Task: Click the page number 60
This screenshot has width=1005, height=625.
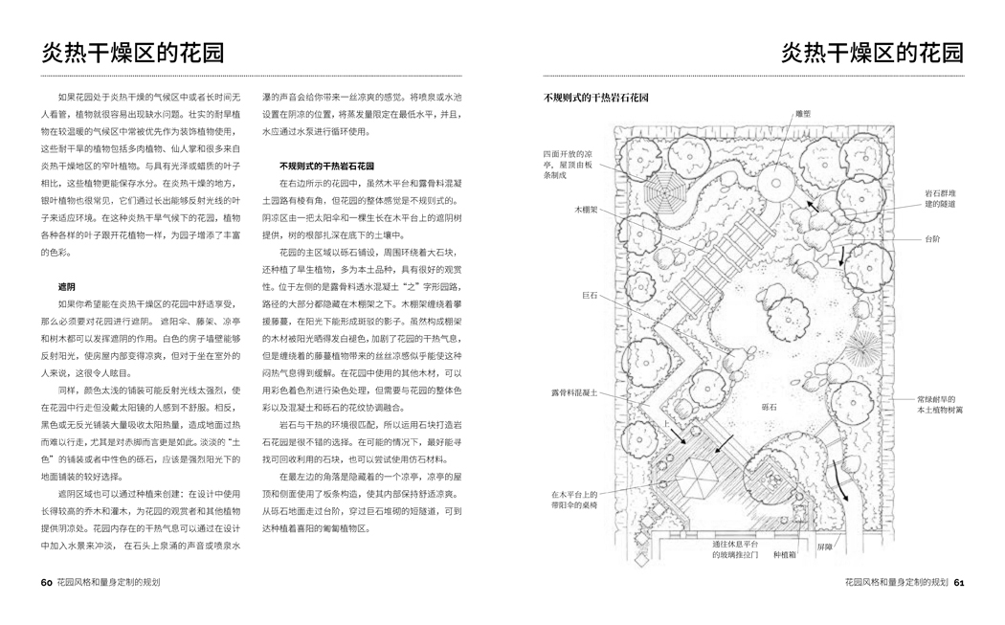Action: tap(46, 582)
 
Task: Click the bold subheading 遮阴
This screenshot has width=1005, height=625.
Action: tap(66, 286)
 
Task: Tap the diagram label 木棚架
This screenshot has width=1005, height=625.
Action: tap(585, 209)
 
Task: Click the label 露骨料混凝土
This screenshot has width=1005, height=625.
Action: tap(573, 391)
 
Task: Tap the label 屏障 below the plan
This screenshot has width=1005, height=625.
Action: tap(824, 547)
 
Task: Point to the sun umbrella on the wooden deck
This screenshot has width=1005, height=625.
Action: tap(699, 472)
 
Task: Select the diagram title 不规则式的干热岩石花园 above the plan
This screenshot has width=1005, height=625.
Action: tap(597, 98)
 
